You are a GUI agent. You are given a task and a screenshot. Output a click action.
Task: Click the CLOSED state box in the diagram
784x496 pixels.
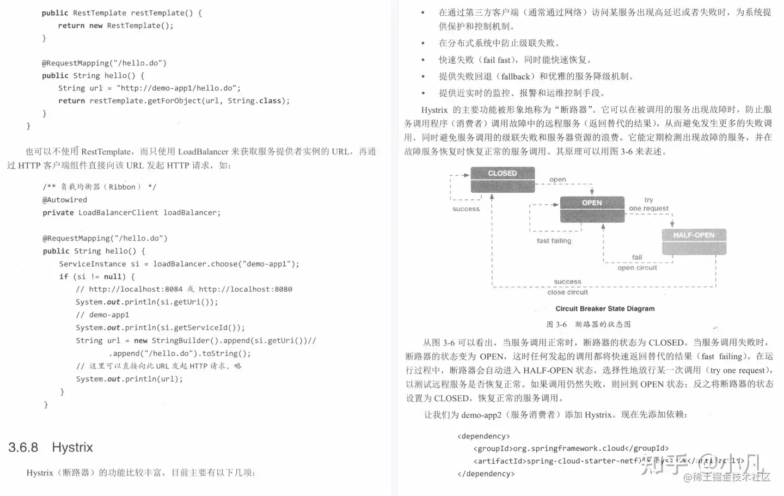click(x=503, y=180)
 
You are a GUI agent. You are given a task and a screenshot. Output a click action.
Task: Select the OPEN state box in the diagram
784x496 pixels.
click(x=592, y=209)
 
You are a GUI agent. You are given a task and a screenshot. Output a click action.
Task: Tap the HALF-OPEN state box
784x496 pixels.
click(x=694, y=242)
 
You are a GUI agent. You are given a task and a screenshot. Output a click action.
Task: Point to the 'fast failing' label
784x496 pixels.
click(x=554, y=241)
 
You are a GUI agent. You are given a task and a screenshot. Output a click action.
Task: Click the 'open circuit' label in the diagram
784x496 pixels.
click(x=637, y=267)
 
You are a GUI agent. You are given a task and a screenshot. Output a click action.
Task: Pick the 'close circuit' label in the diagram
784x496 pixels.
click(x=567, y=292)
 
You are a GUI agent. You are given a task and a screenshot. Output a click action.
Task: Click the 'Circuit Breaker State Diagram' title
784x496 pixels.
click(x=605, y=309)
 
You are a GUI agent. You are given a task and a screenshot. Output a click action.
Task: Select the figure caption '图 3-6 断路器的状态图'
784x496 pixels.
click(x=589, y=324)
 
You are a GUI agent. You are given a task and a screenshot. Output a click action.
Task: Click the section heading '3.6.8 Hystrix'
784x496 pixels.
click(x=51, y=448)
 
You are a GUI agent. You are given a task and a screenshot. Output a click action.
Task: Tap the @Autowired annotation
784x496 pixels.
click(x=65, y=200)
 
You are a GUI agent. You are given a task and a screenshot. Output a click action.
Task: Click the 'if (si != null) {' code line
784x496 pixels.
click(x=97, y=277)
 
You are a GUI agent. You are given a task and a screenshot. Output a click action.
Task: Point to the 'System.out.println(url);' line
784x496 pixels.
click(x=129, y=379)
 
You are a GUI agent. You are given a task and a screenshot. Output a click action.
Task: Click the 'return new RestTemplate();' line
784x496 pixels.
click(x=115, y=26)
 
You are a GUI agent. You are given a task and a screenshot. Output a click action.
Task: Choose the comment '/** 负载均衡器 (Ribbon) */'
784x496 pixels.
click(x=99, y=187)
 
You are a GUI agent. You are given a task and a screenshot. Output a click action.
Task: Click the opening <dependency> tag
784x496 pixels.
click(x=483, y=436)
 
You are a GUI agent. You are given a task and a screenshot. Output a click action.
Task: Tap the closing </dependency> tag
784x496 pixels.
click(x=486, y=474)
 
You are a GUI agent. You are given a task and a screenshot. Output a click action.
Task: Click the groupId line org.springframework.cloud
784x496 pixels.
click(x=571, y=449)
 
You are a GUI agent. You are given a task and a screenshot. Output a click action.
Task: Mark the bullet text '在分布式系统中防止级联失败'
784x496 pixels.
click(x=499, y=43)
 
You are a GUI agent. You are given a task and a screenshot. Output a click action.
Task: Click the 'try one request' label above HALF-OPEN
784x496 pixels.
click(x=648, y=204)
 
